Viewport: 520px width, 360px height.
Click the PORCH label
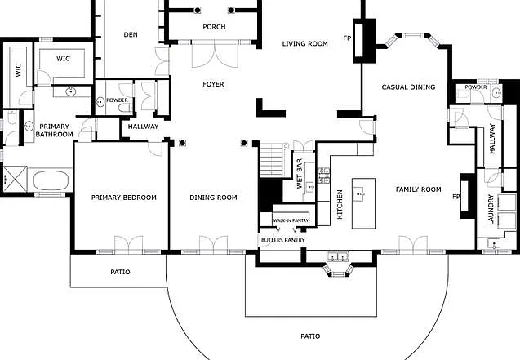[214, 26]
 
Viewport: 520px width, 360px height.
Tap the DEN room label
[131, 34]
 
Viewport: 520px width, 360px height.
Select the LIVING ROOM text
[305, 43]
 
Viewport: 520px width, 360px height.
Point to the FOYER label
[214, 84]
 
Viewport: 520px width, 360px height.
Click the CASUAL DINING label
[408, 87]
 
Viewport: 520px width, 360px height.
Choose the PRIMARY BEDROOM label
[124, 198]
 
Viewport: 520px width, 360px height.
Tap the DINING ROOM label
[214, 198]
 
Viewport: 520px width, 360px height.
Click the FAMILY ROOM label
[419, 189]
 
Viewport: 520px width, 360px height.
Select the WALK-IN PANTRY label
[291, 220]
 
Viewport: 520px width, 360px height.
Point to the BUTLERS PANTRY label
[283, 240]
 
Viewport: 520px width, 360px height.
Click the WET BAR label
[300, 173]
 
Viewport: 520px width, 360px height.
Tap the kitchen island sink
[359, 193]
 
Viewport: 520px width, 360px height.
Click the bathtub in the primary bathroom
[51, 180]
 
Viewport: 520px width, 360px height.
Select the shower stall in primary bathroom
[15, 179]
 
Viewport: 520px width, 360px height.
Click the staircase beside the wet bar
[271, 160]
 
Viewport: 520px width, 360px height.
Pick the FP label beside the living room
[347, 38]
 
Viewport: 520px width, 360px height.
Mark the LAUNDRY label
[491, 210]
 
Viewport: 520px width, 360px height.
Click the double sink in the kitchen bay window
[338, 256]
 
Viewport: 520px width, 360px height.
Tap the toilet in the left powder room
[126, 108]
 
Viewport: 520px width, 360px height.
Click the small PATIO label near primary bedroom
[120, 272]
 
